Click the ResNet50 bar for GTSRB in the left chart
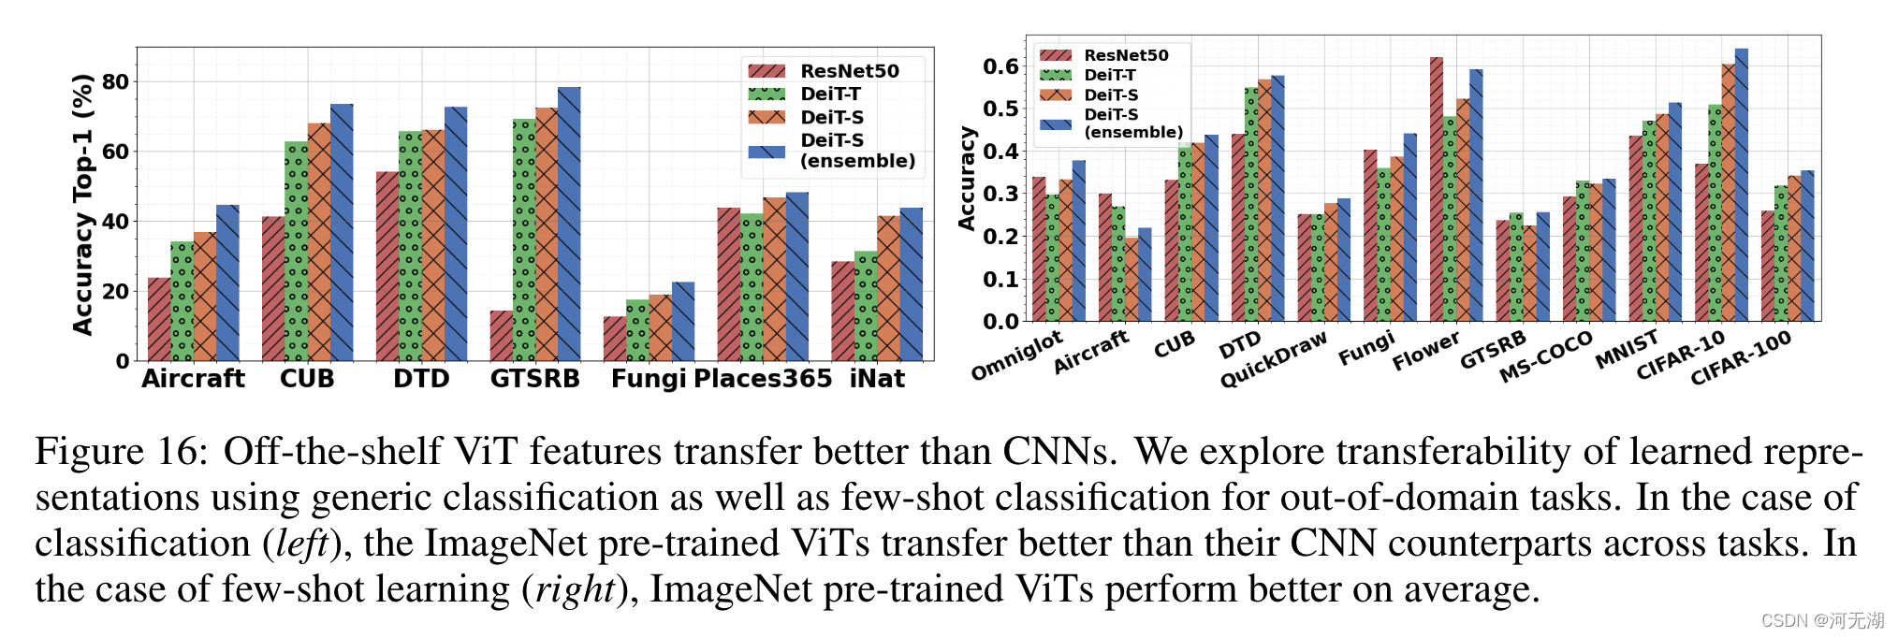[501, 336]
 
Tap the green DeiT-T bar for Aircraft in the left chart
[182, 301]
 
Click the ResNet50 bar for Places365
[729, 284]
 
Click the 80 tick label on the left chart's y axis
[116, 82]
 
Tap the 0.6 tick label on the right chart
[1000, 66]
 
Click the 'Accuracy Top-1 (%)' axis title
[83, 204]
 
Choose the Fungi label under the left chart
[649, 379]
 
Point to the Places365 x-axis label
[763, 379]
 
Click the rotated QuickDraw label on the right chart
[1273, 360]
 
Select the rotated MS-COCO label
[1545, 355]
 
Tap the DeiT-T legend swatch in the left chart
[766, 94]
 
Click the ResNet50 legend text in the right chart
[1126, 55]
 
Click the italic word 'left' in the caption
[301, 544]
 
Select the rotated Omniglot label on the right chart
[1016, 355]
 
